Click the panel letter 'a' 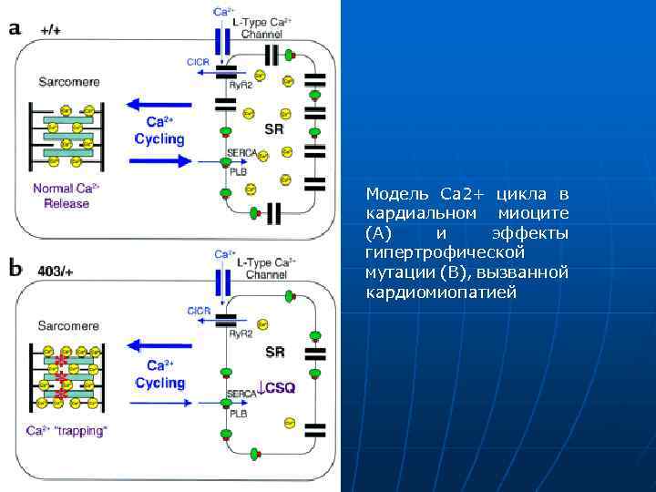pos(15,28)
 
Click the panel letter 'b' pos(16,269)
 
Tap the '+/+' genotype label pos(51,29)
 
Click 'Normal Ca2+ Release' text pos(67,196)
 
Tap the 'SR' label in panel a pos(273,129)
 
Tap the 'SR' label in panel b pos(274,353)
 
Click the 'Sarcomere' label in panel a pos(69,81)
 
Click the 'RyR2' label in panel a pos(241,84)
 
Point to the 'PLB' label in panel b pos(239,413)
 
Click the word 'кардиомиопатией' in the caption pos(440,292)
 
